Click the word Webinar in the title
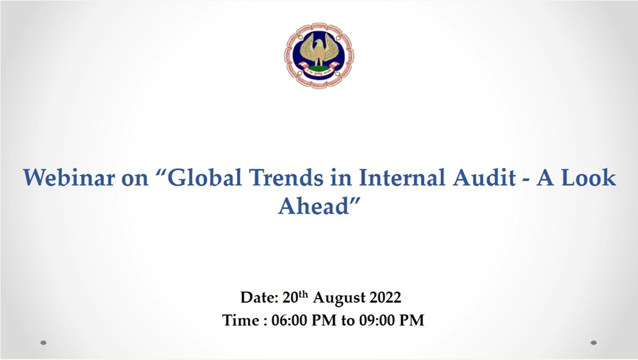(69, 178)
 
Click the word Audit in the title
(484, 178)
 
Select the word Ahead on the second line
(314, 205)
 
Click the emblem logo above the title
(319, 56)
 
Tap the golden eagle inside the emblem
(319, 50)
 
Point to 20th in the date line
(295, 297)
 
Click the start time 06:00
(289, 321)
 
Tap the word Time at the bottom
(241, 321)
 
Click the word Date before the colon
(256, 297)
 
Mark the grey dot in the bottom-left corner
(43, 343)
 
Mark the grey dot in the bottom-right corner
(593, 343)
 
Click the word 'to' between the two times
(348, 321)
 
